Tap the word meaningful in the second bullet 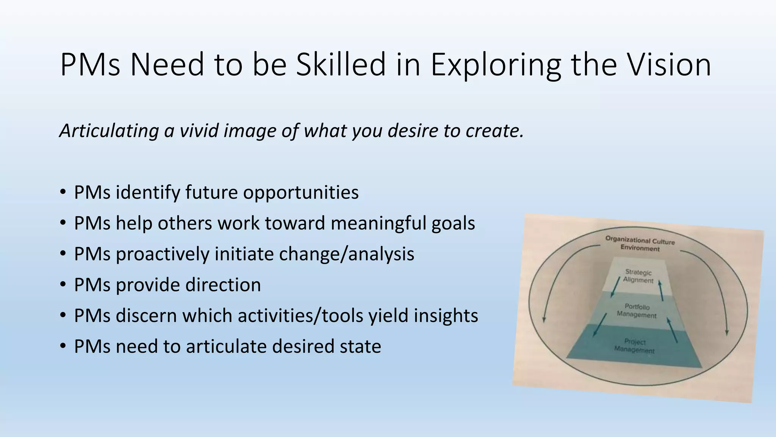tap(379, 223)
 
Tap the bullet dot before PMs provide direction tap(63, 285)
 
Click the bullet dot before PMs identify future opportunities tap(63, 192)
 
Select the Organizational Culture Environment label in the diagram tap(640, 244)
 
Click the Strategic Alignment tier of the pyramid tap(639, 276)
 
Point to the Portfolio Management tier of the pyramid tap(637, 311)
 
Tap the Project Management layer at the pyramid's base tap(635, 346)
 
